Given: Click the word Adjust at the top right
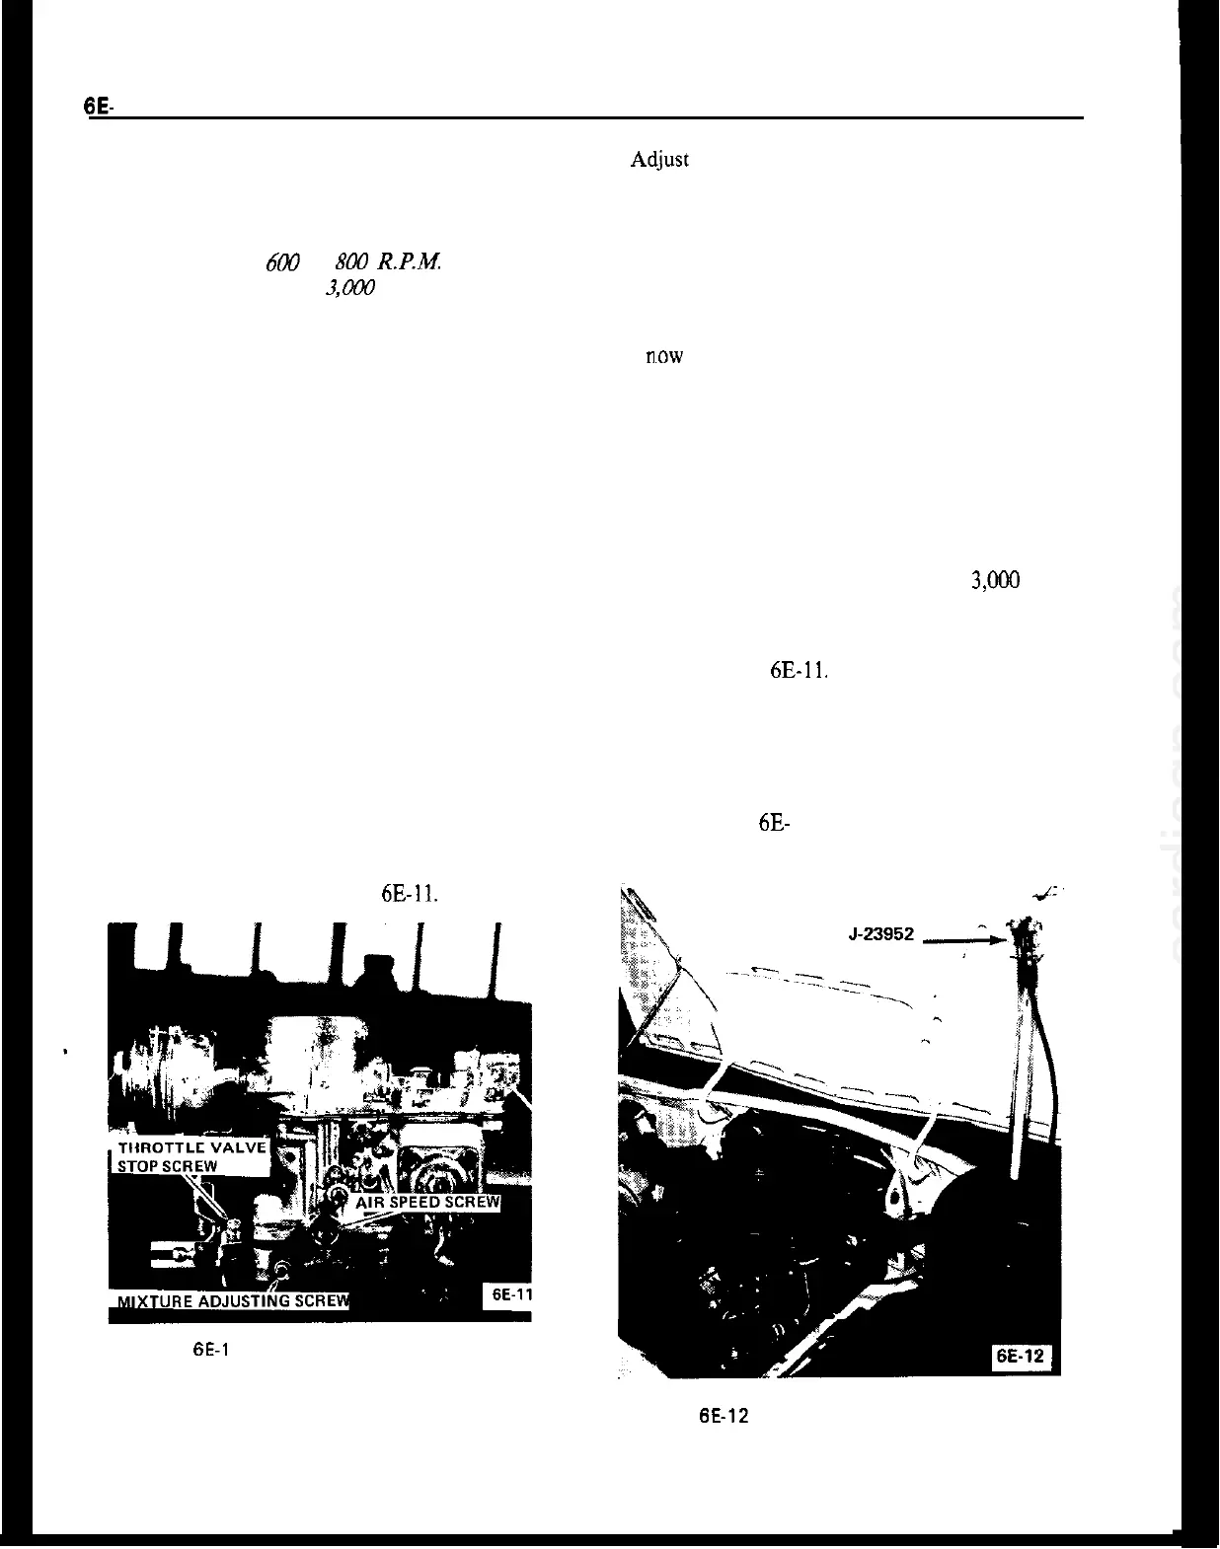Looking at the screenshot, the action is (659, 160).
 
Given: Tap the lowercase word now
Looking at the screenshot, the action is (664, 356).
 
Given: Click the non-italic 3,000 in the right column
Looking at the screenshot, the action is (995, 581).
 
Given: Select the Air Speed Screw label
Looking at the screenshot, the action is (426, 1203).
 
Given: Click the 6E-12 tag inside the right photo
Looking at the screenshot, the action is (1019, 1357).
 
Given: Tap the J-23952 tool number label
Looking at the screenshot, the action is (880, 933).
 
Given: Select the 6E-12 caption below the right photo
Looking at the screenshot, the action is (724, 1417).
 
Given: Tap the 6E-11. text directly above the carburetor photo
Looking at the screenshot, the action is (409, 895).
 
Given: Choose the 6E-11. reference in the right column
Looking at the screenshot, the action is (798, 672).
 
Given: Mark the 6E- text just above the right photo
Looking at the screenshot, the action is (774, 824).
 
